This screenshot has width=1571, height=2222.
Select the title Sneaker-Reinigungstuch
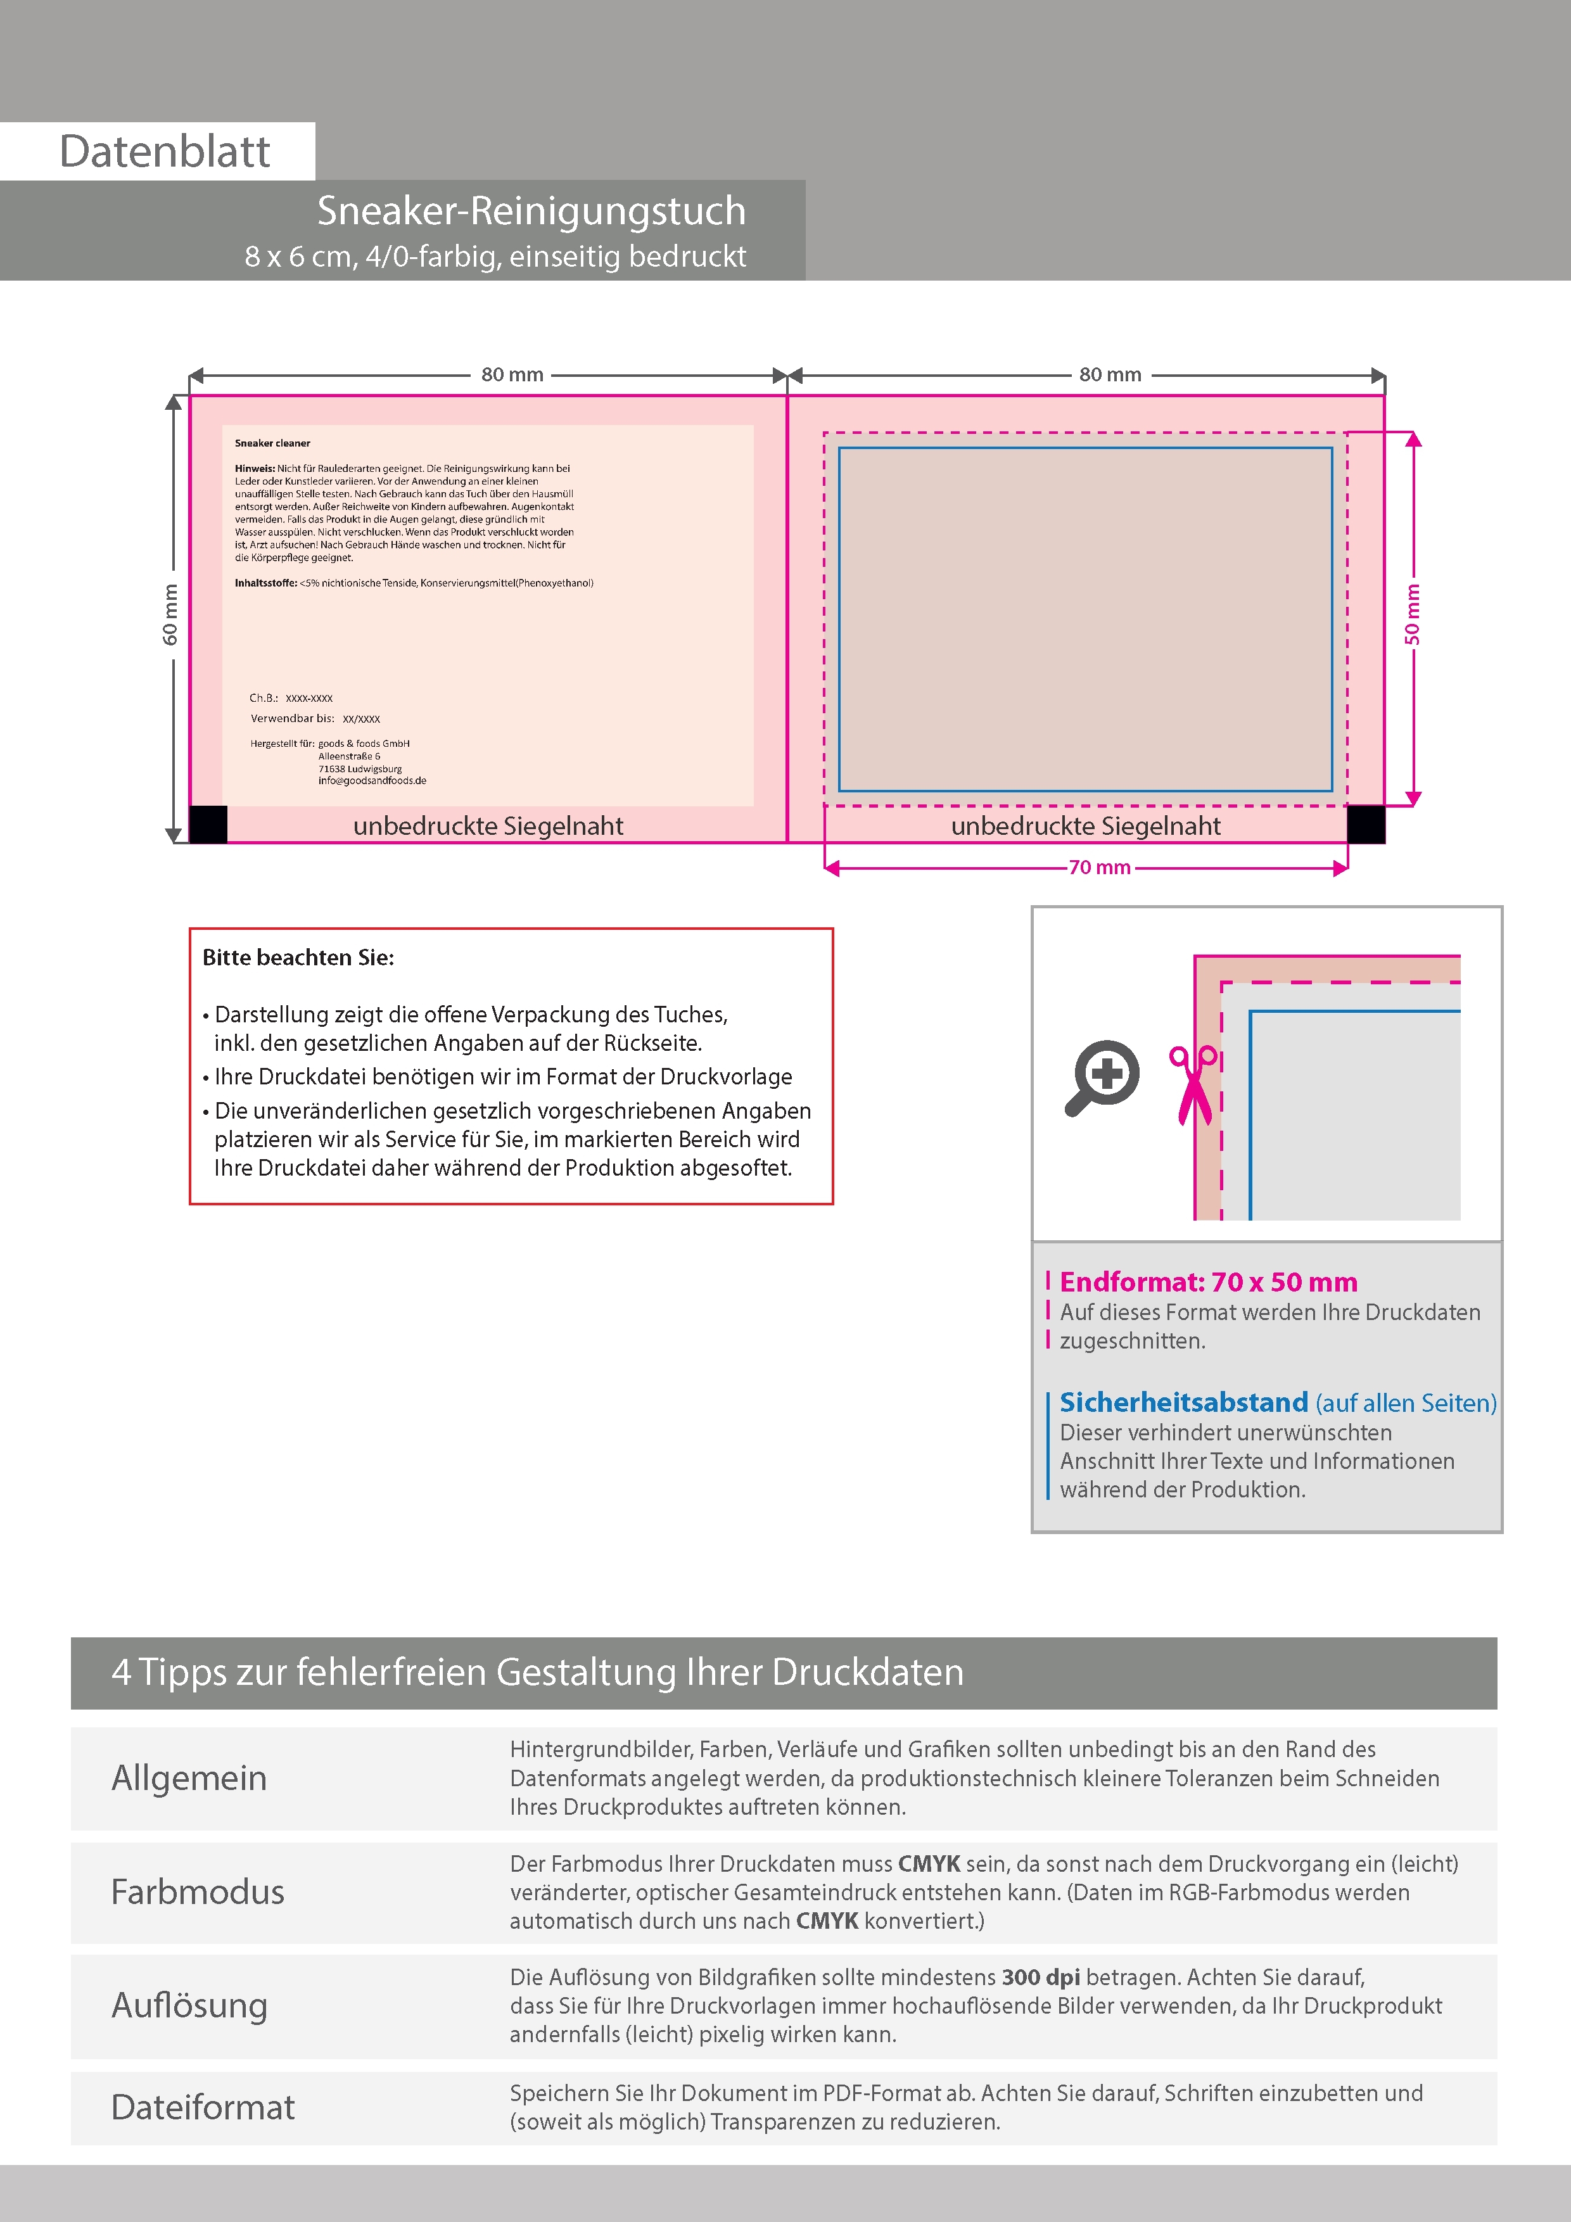pyautogui.click(x=531, y=211)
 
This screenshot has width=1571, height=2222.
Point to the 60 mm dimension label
pyautogui.click(x=170, y=614)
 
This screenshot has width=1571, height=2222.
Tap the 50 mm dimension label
pyautogui.click(x=1412, y=614)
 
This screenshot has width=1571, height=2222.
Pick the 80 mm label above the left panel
pyautogui.click(x=512, y=374)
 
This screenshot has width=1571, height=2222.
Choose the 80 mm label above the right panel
pyautogui.click(x=1110, y=374)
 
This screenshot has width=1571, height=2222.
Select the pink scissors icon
pyautogui.click(x=1193, y=1084)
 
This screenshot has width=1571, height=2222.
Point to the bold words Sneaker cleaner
pyautogui.click(x=272, y=443)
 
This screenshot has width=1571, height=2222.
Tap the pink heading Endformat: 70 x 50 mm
pyautogui.click(x=1208, y=1282)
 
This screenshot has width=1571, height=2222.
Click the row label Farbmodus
pyautogui.click(x=198, y=1892)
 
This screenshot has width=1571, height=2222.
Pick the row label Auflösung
pyautogui.click(x=189, y=2005)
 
